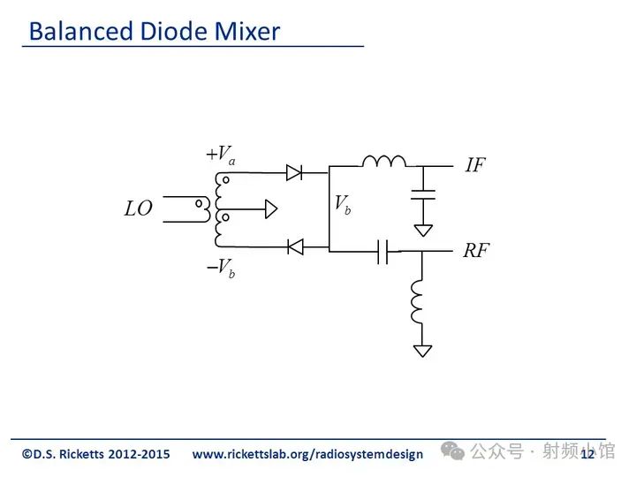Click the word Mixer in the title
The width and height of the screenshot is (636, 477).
[x=247, y=31]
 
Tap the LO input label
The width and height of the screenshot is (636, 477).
[x=139, y=208]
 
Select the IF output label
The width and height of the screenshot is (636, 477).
[x=475, y=165]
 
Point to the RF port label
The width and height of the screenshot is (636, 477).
[x=477, y=250]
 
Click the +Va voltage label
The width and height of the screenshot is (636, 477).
[x=221, y=155]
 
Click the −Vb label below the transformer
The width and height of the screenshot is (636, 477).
[x=221, y=269]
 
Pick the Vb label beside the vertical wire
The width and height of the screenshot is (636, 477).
[x=343, y=204]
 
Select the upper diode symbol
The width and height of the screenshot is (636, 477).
[x=294, y=173]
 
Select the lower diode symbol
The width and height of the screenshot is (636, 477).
[x=295, y=246]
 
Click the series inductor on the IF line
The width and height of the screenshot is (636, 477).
[x=383, y=162]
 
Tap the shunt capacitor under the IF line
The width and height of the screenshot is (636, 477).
[x=423, y=194]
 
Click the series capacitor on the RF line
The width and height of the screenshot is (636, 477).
[x=382, y=252]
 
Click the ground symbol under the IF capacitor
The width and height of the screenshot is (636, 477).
[x=423, y=231]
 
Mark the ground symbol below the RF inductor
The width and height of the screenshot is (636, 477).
[x=422, y=351]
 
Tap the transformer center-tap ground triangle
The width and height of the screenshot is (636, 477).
[x=271, y=209]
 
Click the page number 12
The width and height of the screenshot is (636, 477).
[x=587, y=454]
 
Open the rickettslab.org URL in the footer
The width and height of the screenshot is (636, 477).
[x=307, y=454]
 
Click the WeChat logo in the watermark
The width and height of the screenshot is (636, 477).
[x=452, y=451]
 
